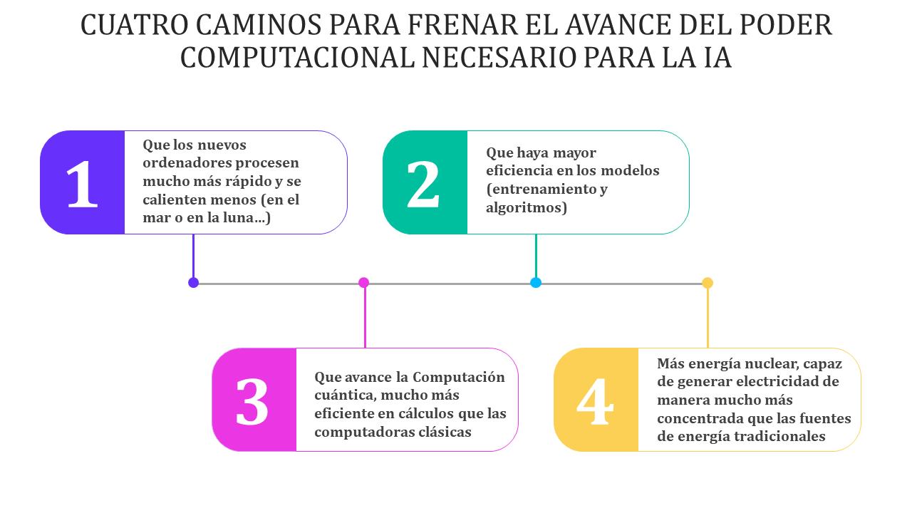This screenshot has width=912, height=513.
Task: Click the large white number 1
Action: (x=82, y=184)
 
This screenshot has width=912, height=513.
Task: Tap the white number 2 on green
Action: (x=423, y=184)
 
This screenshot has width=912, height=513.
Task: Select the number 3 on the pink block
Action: (x=252, y=401)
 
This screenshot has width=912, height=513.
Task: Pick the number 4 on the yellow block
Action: (x=595, y=401)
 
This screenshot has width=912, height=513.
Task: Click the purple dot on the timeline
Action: (x=193, y=283)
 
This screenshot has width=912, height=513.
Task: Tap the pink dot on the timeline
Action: (x=363, y=283)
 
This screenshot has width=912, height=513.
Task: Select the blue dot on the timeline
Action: (x=536, y=283)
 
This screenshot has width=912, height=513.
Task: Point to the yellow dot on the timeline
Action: (x=708, y=283)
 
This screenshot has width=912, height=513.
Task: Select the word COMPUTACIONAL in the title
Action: (x=297, y=58)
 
